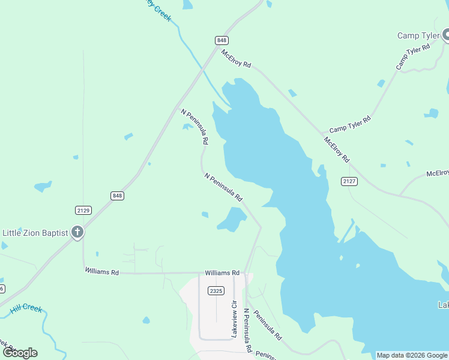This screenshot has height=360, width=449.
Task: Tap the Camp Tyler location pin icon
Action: [446, 35]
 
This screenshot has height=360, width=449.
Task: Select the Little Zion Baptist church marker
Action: [77, 232]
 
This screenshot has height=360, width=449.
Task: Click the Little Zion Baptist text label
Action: [35, 233]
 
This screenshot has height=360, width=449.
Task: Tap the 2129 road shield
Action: [83, 210]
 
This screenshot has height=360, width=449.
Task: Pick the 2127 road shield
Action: [349, 181]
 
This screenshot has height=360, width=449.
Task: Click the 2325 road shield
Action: [216, 290]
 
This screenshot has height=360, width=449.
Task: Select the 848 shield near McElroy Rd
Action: [221, 40]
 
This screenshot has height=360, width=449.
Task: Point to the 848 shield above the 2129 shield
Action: [117, 196]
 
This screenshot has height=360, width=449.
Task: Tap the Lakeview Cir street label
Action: [235, 318]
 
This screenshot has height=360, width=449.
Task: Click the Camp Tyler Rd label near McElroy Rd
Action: [350, 124]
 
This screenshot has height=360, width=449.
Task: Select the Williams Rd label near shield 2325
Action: [222, 272]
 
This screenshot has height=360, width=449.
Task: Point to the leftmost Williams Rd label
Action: [101, 272]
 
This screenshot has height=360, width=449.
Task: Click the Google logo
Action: [20, 353]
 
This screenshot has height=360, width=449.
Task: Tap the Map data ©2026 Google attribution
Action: [412, 355]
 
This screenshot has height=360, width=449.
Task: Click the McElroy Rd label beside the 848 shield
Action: [235, 58]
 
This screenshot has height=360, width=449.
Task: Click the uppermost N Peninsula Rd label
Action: [194, 126]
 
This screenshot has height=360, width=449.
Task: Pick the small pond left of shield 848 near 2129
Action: [43, 187]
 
